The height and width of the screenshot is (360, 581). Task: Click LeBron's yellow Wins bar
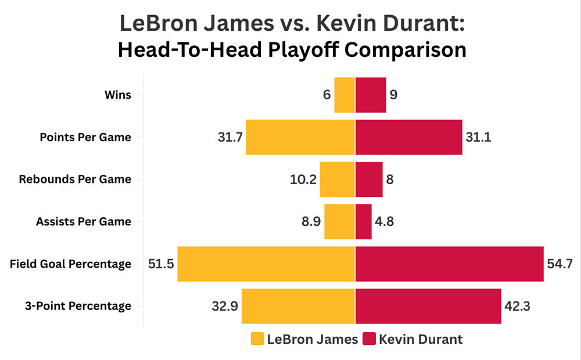[x=345, y=95]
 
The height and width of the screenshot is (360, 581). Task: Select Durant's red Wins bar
[x=371, y=95]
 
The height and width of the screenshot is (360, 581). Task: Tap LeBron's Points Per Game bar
[x=300, y=137]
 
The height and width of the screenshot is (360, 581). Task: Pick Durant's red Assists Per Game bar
[x=364, y=222]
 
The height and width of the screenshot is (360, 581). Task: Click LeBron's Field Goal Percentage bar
[x=266, y=264]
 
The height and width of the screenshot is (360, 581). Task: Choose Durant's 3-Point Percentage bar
[x=428, y=306]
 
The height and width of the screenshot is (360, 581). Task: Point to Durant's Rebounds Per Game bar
[x=369, y=179]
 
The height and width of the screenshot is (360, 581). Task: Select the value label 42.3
[x=518, y=306]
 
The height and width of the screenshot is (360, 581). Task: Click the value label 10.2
[x=303, y=179]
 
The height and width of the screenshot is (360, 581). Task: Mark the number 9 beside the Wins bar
[x=394, y=95]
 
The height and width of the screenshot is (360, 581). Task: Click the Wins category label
[x=118, y=95]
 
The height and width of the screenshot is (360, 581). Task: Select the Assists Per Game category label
[x=84, y=222]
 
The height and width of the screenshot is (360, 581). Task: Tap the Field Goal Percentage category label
[x=70, y=264]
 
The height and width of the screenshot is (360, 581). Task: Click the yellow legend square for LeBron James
[x=257, y=339]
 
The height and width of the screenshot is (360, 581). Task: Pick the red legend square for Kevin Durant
[x=369, y=339]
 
